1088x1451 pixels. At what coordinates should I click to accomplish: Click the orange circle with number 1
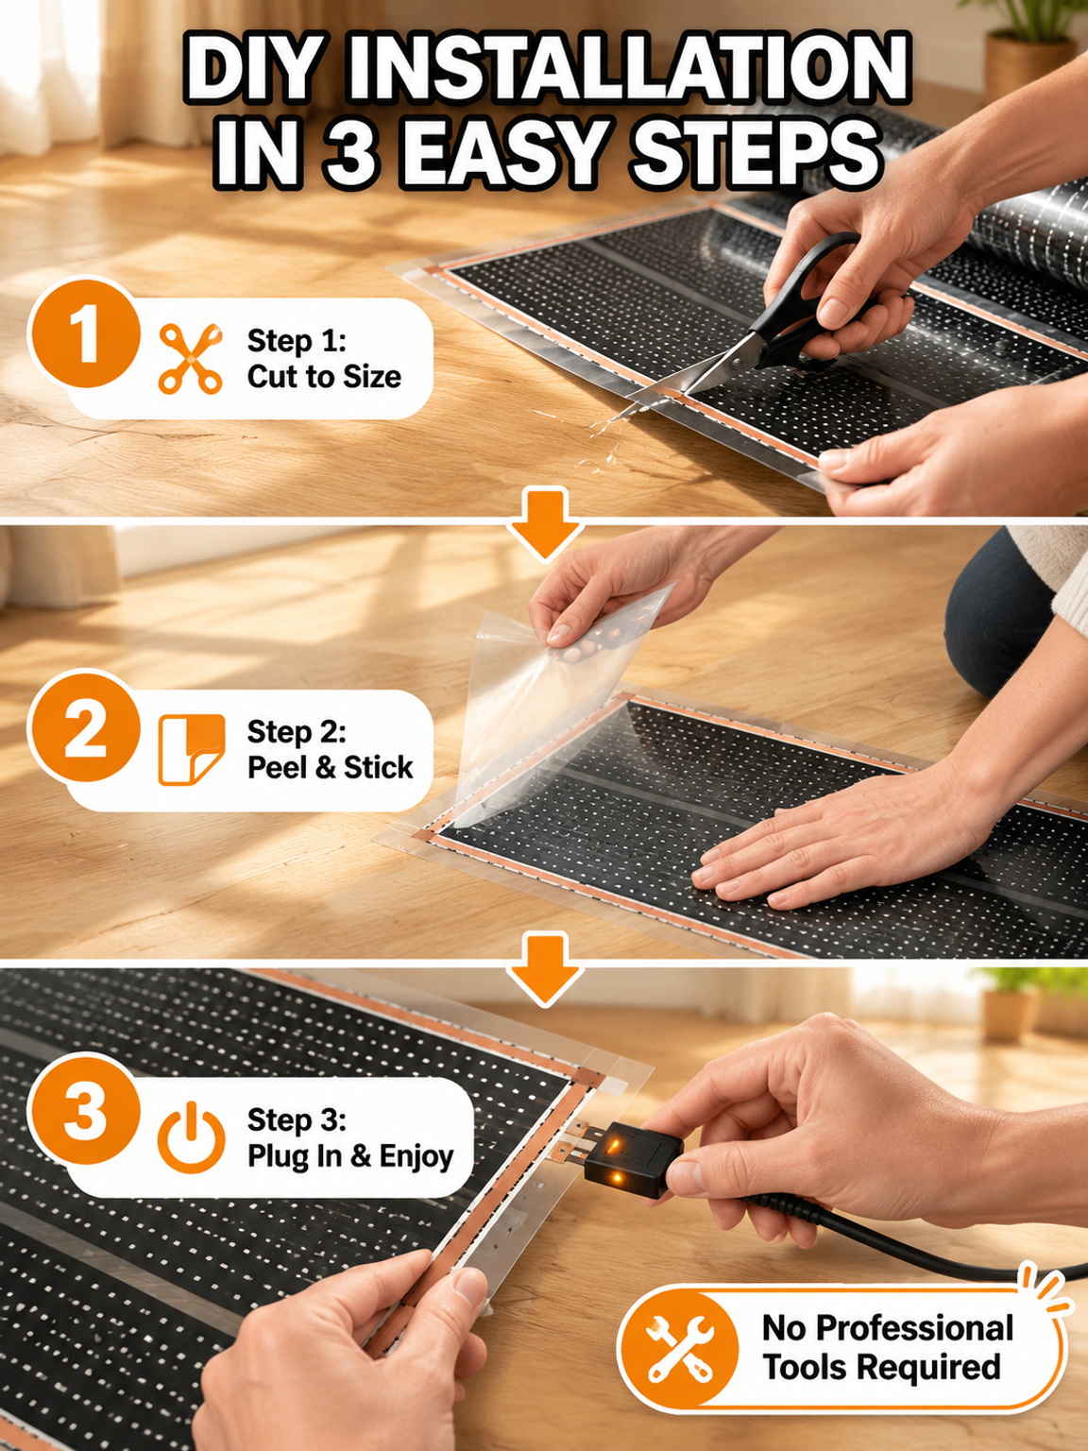(85, 332)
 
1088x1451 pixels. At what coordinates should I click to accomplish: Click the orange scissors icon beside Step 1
(190, 358)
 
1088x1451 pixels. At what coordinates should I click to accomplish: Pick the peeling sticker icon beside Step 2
(192, 750)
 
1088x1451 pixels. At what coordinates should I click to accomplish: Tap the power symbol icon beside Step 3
(191, 1137)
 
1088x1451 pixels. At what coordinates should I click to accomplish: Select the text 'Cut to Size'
(324, 377)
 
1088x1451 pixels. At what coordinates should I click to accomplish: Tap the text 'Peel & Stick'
(331, 767)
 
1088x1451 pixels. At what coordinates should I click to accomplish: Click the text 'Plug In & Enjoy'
(350, 1157)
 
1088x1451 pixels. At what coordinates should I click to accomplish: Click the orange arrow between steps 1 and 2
(545, 524)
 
